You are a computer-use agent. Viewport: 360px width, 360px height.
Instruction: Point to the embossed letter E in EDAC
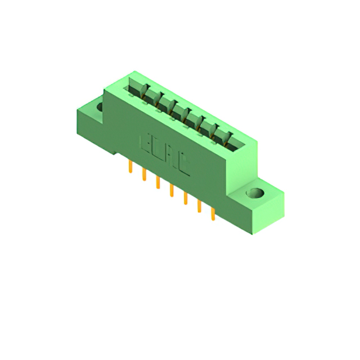(x=145, y=143)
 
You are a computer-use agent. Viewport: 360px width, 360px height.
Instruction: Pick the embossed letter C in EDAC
(x=182, y=165)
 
